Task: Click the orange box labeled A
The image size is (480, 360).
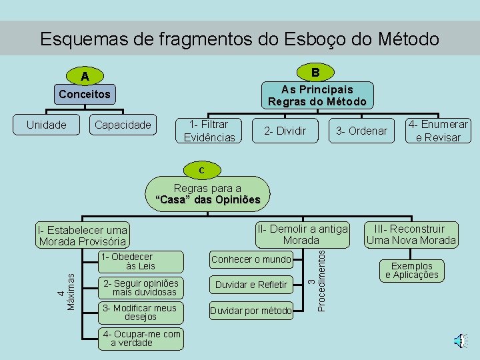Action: point(85,77)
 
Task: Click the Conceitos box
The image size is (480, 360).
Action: point(85,94)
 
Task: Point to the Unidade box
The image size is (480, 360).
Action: point(46,125)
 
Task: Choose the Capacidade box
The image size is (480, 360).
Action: point(123,125)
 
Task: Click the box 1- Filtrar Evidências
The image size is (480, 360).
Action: point(209,131)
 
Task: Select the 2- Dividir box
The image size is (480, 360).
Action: point(285,131)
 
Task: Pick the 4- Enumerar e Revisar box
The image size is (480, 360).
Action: point(438,131)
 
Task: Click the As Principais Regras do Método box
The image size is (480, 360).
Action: point(317,95)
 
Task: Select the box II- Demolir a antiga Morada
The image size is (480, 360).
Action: point(302,234)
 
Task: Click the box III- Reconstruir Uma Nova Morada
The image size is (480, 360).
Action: point(411,235)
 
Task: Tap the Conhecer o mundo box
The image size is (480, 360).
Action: point(251,259)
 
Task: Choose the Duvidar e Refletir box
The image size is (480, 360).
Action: point(251,285)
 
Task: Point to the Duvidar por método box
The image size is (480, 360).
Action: point(251,311)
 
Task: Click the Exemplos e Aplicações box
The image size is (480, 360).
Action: point(412,270)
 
